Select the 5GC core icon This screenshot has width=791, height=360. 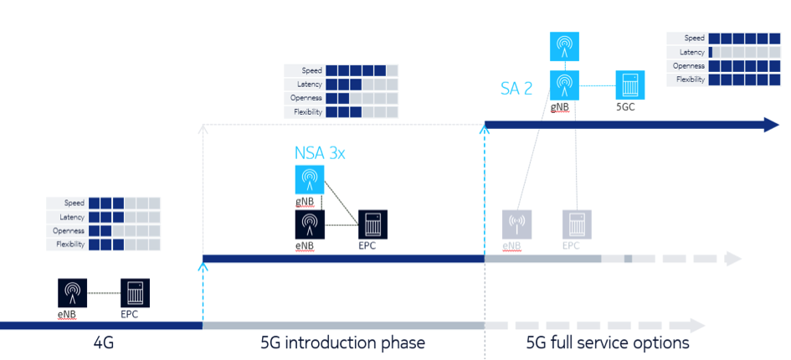coord(629,85)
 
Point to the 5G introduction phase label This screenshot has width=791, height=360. coord(343,342)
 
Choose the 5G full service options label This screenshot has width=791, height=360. coord(608,342)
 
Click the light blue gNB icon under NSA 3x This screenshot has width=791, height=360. coord(310,180)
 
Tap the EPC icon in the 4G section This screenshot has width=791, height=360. coord(135,293)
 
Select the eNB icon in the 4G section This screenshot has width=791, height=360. coord(72,293)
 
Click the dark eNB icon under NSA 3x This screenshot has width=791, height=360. coord(310,224)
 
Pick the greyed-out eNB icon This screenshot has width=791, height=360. coord(516,224)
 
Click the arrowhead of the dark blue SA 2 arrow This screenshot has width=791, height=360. coord(770,126)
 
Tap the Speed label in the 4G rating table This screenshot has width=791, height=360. coord(73,203)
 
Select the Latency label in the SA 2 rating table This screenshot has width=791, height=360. coord(692,52)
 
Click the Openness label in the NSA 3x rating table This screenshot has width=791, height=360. coord(306,98)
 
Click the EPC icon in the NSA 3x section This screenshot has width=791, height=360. coord(372,224)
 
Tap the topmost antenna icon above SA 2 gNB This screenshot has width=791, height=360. coord(565,46)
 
